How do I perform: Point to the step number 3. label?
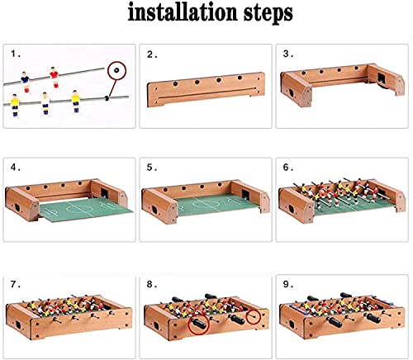287,54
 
